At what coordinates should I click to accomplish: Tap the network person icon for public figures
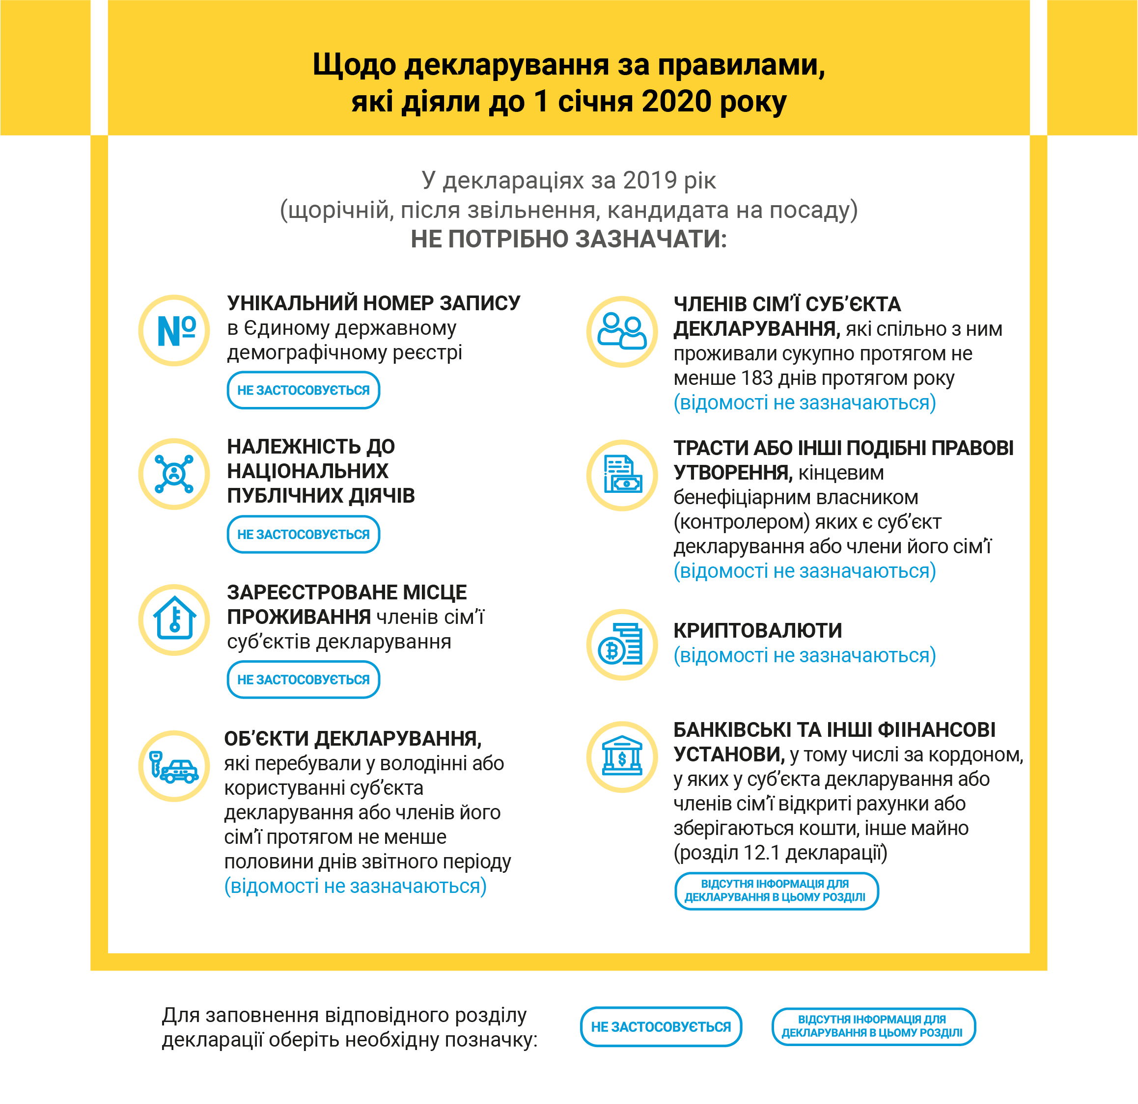pyautogui.click(x=174, y=474)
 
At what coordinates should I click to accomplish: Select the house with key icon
pyautogui.click(x=174, y=619)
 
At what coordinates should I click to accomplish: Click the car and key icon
pyautogui.click(x=174, y=766)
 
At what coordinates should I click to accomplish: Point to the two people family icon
pyautogui.click(x=622, y=332)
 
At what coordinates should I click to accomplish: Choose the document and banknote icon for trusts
pyautogui.click(x=622, y=475)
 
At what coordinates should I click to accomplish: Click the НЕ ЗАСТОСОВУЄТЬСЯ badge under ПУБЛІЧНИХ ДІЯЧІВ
pyautogui.click(x=303, y=535)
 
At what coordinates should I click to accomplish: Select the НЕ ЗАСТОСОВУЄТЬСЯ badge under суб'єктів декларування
pyautogui.click(x=303, y=680)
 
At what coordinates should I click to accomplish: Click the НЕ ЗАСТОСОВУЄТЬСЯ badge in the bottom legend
pyautogui.click(x=661, y=1027)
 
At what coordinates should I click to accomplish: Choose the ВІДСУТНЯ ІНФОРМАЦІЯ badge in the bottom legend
pyautogui.click(x=873, y=1027)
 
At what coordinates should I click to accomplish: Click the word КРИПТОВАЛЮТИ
pyautogui.click(x=758, y=630)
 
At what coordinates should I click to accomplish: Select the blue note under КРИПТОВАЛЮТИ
pyautogui.click(x=805, y=656)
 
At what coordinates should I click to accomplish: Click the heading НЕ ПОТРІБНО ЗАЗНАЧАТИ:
pyautogui.click(x=568, y=239)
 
